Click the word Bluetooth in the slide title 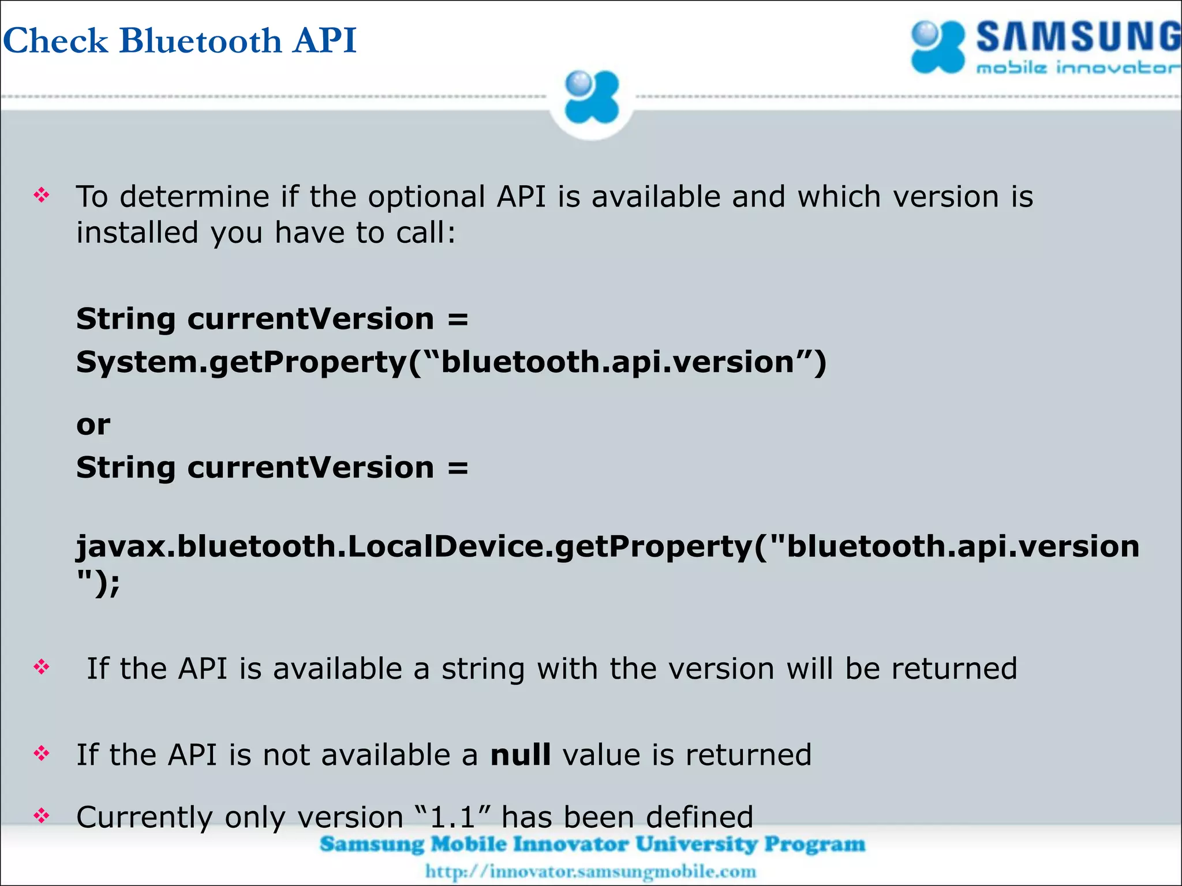[x=201, y=40]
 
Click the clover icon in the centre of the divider [x=592, y=97]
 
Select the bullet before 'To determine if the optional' [x=42, y=196]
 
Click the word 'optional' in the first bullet [x=427, y=197]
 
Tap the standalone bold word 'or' [x=93, y=425]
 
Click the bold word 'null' [x=520, y=755]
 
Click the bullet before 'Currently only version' [x=42, y=816]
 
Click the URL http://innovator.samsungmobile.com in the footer [x=590, y=871]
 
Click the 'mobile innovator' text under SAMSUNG [x=1077, y=69]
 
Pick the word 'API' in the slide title [x=324, y=40]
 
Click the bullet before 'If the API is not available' [x=42, y=753]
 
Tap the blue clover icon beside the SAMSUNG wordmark [x=937, y=47]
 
